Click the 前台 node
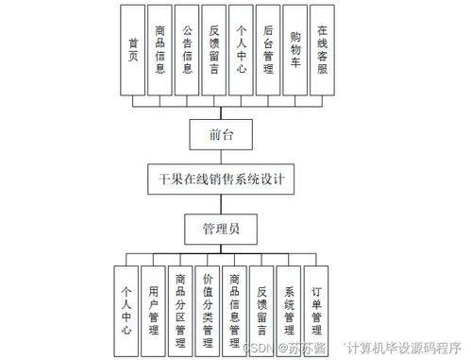223,133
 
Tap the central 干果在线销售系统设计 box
223,178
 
